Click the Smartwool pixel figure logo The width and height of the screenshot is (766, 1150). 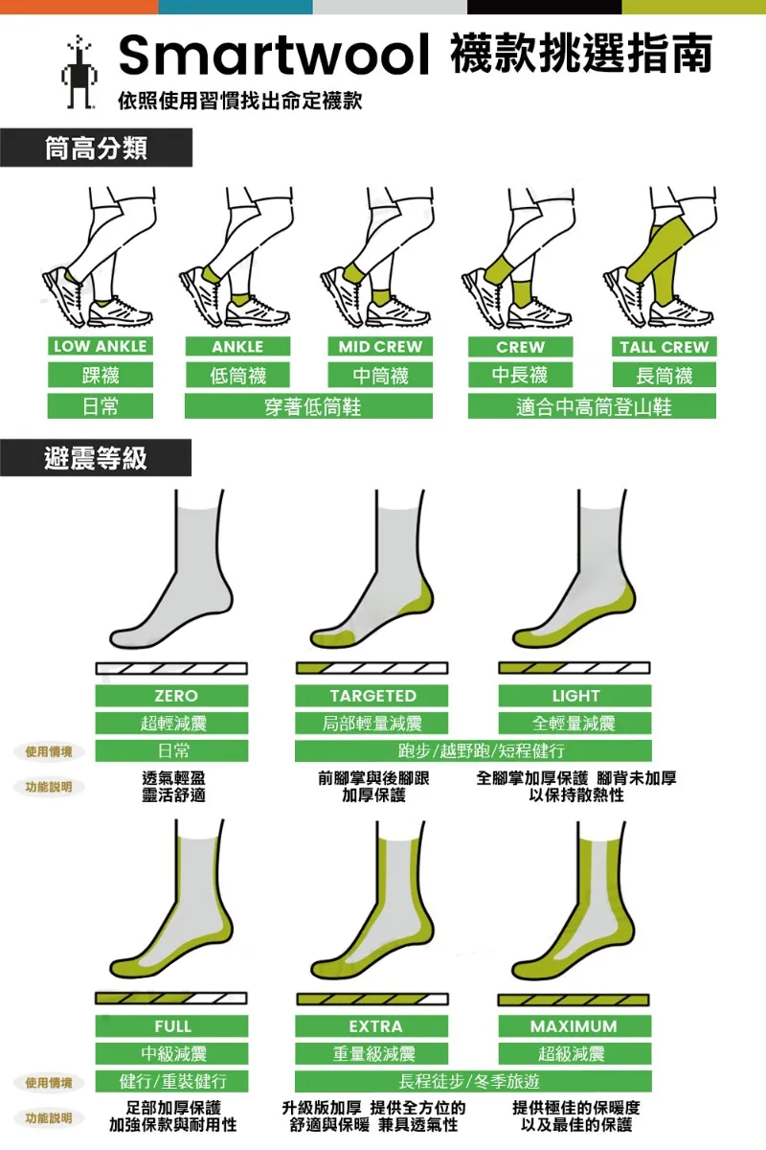(79, 72)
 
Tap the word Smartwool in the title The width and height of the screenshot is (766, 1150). (274, 55)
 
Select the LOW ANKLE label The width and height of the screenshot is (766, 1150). (100, 346)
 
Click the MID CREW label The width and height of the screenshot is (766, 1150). (380, 347)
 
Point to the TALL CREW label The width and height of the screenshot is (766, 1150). (664, 347)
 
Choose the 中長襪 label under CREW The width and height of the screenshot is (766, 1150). (520, 375)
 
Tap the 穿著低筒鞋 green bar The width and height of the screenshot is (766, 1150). (308, 406)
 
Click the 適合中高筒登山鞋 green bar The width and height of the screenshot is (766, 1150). (592, 406)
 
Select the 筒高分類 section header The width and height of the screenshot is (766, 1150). (97, 148)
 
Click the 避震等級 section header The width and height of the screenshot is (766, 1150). (96, 458)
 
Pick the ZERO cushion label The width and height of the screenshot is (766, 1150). (172, 696)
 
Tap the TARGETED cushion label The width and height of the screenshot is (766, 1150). (372, 696)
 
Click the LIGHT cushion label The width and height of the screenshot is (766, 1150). (574, 696)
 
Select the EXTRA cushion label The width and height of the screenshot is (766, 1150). (372, 1026)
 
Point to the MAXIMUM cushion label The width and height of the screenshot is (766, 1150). (574, 1026)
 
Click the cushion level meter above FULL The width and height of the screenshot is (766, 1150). (171, 999)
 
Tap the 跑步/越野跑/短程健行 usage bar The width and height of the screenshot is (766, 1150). (473, 750)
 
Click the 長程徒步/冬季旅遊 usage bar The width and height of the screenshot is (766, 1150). (473, 1082)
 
